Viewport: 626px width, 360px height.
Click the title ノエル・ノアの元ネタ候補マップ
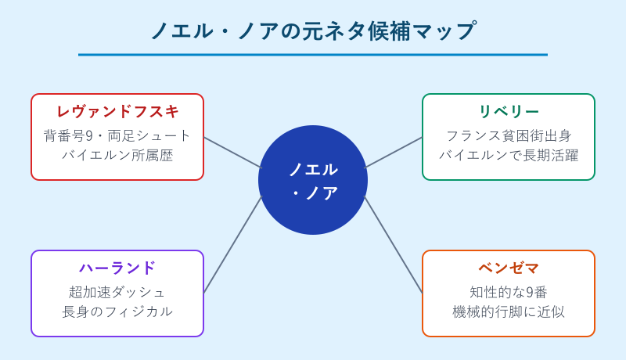point(313,31)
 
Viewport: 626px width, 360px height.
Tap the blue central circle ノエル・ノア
point(313,180)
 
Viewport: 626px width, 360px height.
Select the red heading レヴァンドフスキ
point(117,112)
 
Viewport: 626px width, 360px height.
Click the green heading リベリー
point(509,112)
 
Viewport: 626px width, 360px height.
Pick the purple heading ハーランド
point(117,268)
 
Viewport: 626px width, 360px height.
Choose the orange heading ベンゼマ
point(509,268)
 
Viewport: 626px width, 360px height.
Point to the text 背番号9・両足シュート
point(117,135)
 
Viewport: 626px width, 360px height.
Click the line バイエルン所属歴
point(117,155)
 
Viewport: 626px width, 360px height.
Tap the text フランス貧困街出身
point(509,135)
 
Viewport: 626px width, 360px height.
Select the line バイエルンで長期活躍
point(509,155)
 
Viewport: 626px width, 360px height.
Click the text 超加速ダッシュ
point(117,292)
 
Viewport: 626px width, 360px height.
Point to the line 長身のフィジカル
point(117,311)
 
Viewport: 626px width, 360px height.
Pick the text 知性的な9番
point(509,292)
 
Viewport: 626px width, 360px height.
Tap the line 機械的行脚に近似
point(509,311)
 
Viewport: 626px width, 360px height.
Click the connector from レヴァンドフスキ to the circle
point(232,153)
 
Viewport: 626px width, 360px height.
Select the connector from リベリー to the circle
point(394,153)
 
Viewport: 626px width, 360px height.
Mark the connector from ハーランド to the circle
point(232,245)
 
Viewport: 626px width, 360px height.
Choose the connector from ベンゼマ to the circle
point(394,245)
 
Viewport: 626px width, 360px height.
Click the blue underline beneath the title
point(313,55)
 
